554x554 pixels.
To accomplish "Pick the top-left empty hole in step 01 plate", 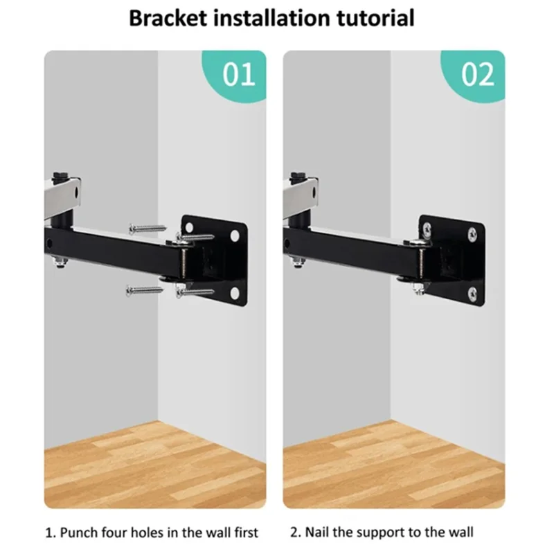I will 187,226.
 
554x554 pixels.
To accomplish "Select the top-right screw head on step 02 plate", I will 474,234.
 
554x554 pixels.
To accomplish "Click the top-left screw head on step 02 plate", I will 427,226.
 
